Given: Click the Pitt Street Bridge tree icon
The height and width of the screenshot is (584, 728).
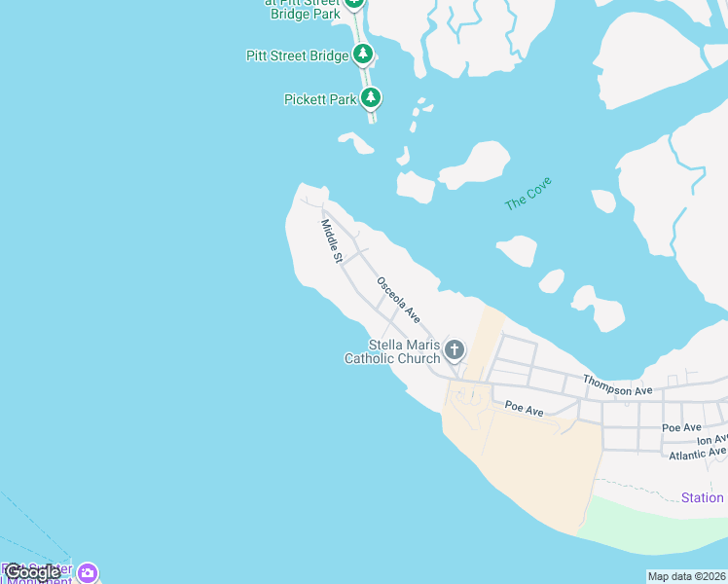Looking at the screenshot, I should [x=362, y=54].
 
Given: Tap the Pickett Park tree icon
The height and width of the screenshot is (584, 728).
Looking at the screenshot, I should [x=370, y=97].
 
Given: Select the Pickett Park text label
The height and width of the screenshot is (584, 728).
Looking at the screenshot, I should [x=320, y=99].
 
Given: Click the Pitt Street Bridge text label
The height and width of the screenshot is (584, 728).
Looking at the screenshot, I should [x=297, y=55].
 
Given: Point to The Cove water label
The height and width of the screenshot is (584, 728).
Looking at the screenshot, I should [x=528, y=193].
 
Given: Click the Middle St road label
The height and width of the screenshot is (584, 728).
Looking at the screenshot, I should [x=331, y=241].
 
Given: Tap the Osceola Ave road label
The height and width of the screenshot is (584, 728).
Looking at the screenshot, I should [x=399, y=300].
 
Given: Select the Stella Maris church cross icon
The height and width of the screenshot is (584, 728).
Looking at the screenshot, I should [x=454, y=348].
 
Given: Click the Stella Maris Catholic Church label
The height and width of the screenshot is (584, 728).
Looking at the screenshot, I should [x=392, y=351].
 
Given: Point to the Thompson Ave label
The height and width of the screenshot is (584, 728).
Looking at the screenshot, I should [x=617, y=384].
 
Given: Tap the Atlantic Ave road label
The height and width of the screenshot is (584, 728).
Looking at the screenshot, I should [x=696, y=453].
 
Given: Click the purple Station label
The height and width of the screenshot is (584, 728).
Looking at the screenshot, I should [x=702, y=497].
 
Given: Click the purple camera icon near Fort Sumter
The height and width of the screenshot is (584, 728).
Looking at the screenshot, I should [x=88, y=573].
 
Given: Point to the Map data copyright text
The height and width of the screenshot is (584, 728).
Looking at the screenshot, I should [x=686, y=576].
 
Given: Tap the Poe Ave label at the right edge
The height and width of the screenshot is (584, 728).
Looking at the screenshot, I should [x=681, y=427].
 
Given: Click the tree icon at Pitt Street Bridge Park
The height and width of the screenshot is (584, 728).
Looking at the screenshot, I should [x=354, y=3].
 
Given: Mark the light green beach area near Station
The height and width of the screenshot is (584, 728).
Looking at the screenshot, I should [x=652, y=530].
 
